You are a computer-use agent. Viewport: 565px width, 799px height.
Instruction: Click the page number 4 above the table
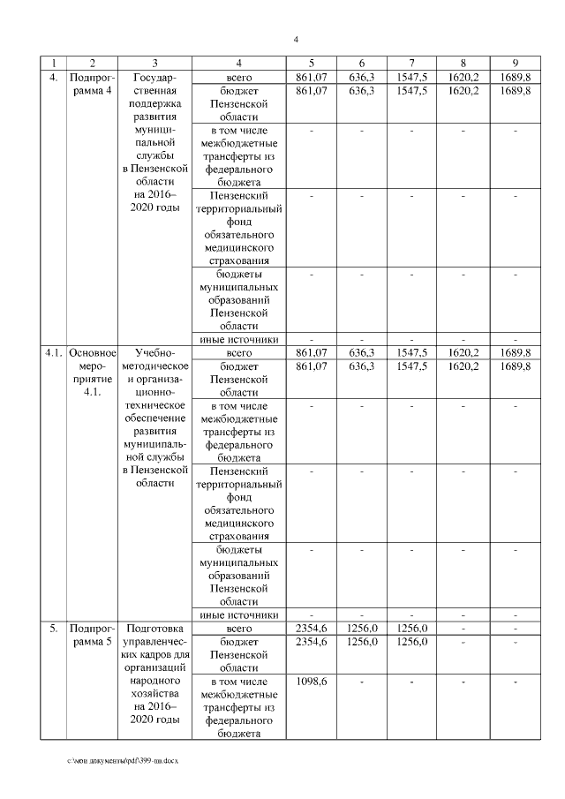click(296, 39)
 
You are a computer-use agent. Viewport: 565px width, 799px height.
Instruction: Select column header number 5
click(311, 63)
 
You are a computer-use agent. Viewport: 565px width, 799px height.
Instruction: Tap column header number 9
click(515, 63)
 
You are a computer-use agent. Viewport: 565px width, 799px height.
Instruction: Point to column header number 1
click(54, 63)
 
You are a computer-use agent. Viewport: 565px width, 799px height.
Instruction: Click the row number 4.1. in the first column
click(54, 353)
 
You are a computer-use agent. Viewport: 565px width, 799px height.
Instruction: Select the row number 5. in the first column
click(54, 629)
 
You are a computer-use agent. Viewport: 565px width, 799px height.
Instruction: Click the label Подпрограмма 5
click(93, 636)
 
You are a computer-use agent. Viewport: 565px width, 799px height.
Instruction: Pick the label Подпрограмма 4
click(93, 84)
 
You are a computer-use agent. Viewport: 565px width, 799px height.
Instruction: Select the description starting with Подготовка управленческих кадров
click(154, 676)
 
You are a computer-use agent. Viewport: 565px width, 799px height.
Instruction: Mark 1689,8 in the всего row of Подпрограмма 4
click(515, 77)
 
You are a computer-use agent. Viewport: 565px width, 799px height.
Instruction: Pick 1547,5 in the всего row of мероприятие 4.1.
click(412, 353)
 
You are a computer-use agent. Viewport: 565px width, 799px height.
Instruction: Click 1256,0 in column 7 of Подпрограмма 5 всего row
click(412, 629)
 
